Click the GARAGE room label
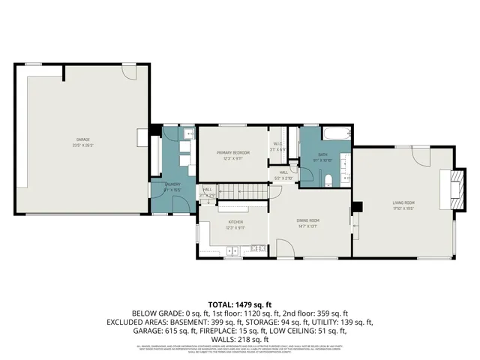pos(82,139)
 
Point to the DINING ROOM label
pos(308,220)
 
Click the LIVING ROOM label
pos(403,202)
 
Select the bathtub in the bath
pos(335,135)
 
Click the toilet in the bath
pos(328,178)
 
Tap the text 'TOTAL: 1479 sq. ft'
pos(239,304)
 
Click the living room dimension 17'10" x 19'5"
pos(403,208)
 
